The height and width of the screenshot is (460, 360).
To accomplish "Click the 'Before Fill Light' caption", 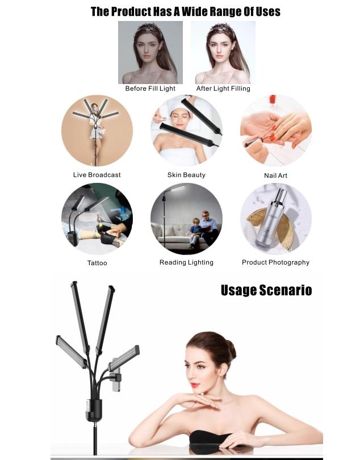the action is click(150, 89).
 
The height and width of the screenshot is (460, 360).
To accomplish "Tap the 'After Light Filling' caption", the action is click(223, 89).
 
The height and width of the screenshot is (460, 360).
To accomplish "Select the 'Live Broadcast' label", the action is click(97, 175).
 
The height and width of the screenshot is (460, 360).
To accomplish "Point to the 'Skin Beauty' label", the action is click(186, 175).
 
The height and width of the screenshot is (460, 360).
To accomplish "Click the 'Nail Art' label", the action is click(275, 175).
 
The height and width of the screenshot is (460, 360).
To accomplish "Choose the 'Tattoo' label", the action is click(97, 263).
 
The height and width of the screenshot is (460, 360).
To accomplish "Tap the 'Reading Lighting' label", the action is click(186, 262).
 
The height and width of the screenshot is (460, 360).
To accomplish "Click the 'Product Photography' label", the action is click(275, 262).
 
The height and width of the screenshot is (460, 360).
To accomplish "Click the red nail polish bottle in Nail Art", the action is click(273, 99).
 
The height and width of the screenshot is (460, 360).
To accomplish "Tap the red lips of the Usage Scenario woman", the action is click(195, 385).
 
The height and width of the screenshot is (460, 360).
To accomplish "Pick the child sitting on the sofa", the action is click(195, 232).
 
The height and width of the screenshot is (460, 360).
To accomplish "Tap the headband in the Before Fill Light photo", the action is click(150, 30).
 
